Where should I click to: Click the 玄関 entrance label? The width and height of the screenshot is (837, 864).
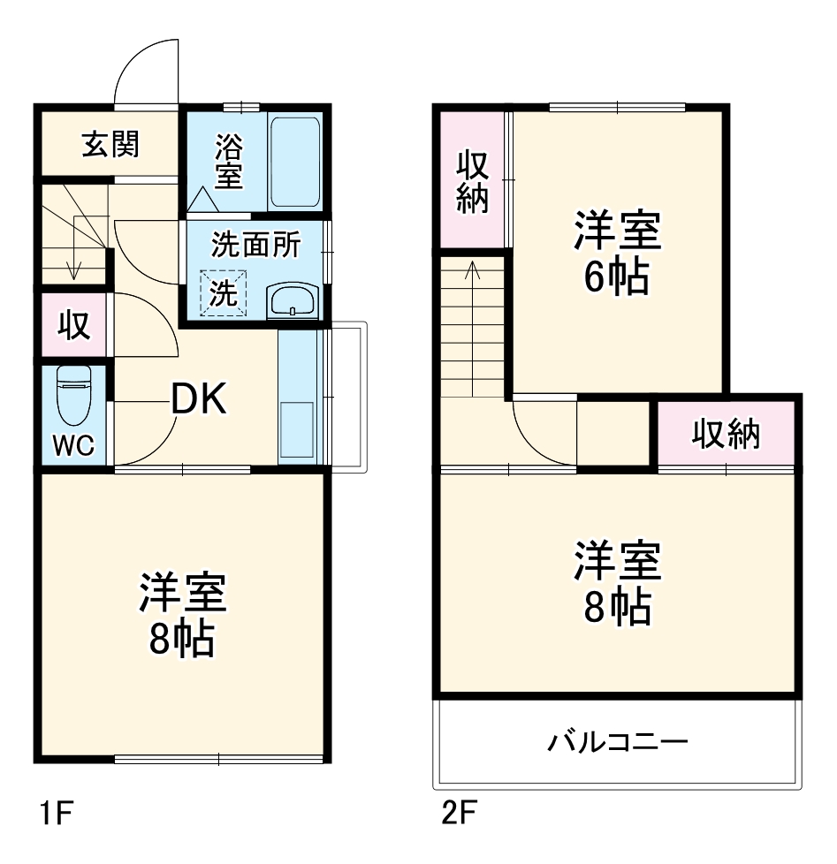110,143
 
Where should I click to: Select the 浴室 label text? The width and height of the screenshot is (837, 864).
227,161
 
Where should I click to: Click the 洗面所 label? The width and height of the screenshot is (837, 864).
255,245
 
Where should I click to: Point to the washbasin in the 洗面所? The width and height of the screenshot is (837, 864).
292,301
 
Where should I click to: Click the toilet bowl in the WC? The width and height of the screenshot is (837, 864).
73,396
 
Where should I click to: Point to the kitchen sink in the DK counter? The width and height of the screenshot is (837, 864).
296,431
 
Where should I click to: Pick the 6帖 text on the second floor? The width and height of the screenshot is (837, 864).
616,278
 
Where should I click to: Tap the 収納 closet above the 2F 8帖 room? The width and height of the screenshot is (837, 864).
725,434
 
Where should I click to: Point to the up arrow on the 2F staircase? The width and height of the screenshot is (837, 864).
474,269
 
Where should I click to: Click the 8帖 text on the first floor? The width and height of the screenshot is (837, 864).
181,638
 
